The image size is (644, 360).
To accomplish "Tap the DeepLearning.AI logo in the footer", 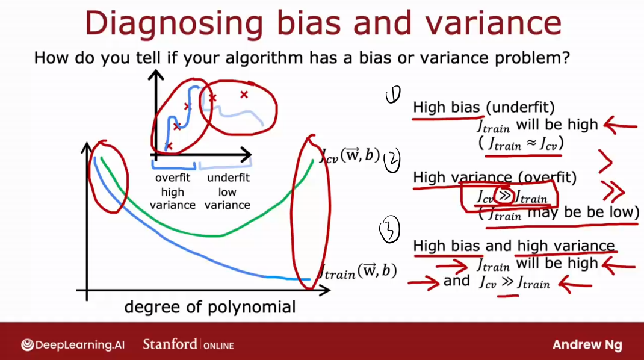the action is pos(73,344).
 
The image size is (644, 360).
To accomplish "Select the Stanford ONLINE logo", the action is pos(188,344).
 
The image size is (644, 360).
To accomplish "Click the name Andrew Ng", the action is pos(587,345).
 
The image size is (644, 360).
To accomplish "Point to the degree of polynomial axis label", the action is pos(210,306).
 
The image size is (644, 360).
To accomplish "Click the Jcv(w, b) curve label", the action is pos(350,156).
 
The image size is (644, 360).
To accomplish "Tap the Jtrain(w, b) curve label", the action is pos(358,272).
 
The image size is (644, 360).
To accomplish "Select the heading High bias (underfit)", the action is pos(484,107).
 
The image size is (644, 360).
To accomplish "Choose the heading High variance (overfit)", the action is pos(495,178).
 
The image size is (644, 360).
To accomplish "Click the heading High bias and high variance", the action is pos(514,246).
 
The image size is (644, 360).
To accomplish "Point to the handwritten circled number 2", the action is pos(392,161).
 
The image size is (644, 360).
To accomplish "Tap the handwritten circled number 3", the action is pos(389,229).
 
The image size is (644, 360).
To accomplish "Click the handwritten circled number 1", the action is pos(393,95).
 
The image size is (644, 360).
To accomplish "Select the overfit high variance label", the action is pos(173,191).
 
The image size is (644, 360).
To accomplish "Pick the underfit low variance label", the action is pos(228,191).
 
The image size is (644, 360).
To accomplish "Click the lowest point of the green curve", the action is pos(214,236).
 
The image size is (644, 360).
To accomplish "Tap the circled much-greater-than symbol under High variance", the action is pos(504,196).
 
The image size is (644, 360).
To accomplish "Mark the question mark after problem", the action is pos(566,58).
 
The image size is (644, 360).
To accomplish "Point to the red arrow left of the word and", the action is pos(424,283).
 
